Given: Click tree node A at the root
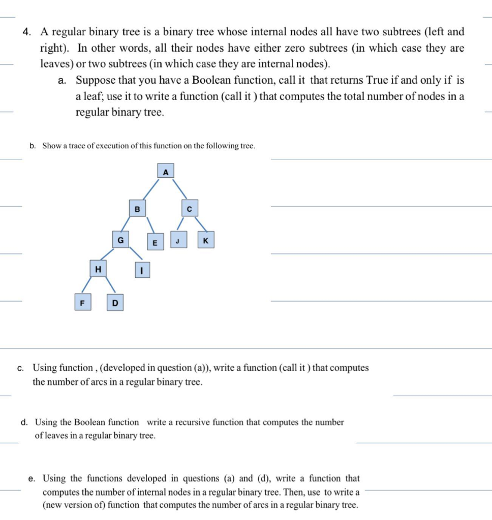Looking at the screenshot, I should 165,171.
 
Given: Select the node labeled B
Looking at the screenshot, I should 137,208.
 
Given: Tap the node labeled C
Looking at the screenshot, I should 190,208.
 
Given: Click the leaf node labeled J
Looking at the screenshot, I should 178,240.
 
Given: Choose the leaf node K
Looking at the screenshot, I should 205,240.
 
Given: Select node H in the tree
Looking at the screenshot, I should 98,269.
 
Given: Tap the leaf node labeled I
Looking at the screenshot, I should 142,271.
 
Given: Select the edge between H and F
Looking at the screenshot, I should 88,286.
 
